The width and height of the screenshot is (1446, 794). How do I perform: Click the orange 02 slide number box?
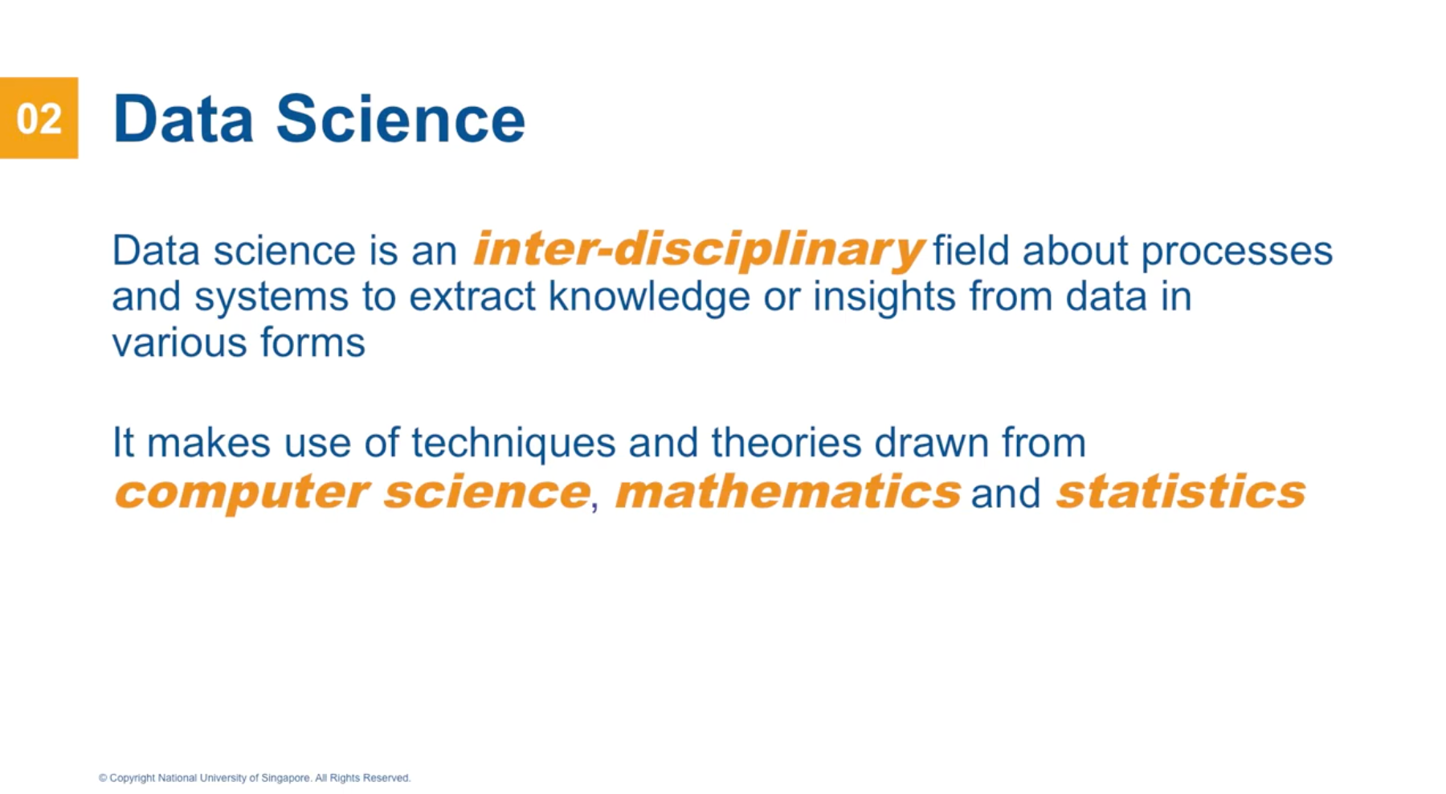(39, 118)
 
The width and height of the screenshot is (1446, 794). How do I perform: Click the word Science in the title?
(400, 120)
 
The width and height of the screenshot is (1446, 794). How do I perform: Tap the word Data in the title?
(183, 120)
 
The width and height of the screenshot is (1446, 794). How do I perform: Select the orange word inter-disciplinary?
(698, 249)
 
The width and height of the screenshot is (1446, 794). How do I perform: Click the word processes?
(1236, 252)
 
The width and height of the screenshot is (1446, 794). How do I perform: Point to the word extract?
(472, 297)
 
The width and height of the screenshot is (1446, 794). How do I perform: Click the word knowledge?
(649, 297)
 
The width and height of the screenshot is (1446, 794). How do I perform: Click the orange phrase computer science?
(352, 492)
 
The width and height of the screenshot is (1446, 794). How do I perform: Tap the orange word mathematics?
(787, 492)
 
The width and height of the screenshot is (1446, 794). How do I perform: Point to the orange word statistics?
(1180, 492)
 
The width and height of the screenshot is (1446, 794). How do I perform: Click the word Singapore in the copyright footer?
(285, 778)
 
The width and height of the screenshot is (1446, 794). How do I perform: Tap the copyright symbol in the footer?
(103, 778)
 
